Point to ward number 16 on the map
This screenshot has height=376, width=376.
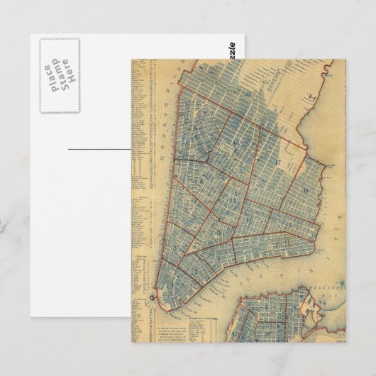pyautogui.click(x=225, y=94)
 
